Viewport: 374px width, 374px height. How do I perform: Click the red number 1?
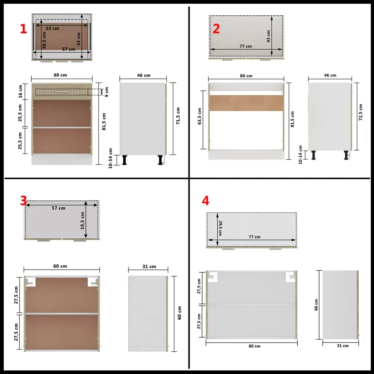(23, 29)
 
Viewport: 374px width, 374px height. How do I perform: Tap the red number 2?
(216, 29)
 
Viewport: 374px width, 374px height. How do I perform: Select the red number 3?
(23, 201)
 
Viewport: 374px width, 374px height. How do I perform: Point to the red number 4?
(205, 201)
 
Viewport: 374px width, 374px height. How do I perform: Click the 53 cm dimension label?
(53, 28)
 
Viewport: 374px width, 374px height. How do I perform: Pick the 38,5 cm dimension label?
(44, 41)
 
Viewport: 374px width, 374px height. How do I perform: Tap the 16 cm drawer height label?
(20, 91)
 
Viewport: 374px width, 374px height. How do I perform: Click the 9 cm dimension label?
(107, 92)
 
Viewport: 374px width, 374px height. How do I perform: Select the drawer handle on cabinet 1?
(62, 92)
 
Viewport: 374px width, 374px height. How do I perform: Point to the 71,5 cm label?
(178, 116)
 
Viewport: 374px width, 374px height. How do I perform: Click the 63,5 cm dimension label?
(200, 116)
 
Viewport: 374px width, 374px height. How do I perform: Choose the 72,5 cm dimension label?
(360, 112)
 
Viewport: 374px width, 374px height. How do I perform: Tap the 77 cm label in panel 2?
(246, 46)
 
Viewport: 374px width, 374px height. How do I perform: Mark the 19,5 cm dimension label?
(83, 221)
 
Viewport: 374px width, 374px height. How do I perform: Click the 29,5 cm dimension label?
(220, 228)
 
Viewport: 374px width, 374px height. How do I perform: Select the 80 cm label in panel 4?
(255, 346)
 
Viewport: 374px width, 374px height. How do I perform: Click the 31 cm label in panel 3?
(149, 267)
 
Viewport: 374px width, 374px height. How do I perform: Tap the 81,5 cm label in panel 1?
(104, 122)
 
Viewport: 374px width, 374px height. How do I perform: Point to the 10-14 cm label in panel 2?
(301, 155)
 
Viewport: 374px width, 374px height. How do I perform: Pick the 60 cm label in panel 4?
(316, 305)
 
